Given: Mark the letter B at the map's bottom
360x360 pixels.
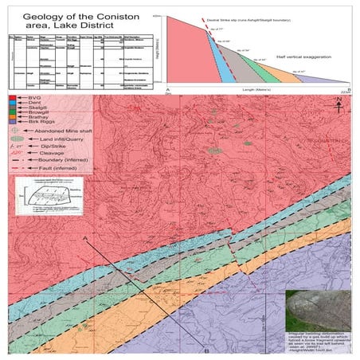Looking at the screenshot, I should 206,350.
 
